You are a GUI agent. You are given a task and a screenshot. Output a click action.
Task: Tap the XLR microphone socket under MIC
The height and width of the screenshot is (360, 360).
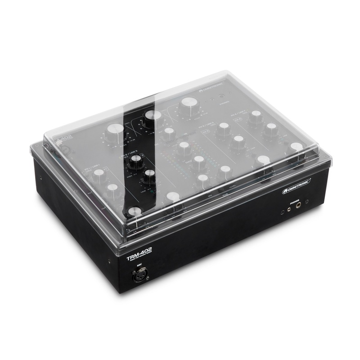pyautogui.click(x=139, y=274)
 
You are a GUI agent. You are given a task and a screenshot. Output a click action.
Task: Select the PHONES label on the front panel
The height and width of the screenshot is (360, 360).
pyautogui.click(x=295, y=202)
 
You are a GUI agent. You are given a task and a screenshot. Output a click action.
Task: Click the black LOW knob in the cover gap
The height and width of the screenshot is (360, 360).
pyautogui.click(x=149, y=175)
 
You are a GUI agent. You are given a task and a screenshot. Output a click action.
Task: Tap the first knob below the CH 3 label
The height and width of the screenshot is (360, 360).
pyautogui.click(x=224, y=130)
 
